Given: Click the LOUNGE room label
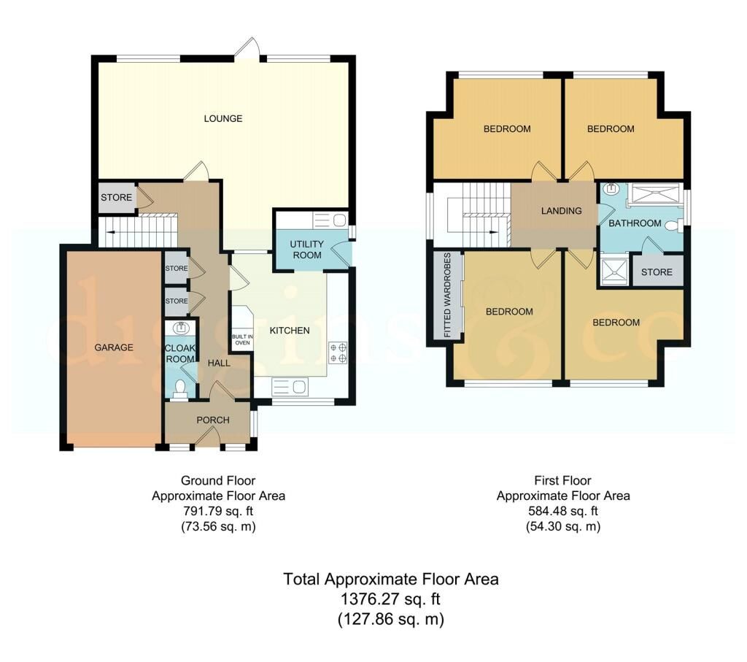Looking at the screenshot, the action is [x=223, y=118].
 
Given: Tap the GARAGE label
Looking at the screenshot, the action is [x=113, y=347].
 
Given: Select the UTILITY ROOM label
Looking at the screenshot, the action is [x=307, y=250].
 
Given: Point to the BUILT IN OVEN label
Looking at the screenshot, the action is [x=242, y=339].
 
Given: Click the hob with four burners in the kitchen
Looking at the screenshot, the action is [x=338, y=353].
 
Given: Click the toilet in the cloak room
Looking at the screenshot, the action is [x=180, y=388].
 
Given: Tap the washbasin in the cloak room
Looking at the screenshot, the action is [x=181, y=328].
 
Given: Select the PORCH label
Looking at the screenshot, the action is [x=213, y=420].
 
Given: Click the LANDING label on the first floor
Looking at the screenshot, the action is [x=561, y=211].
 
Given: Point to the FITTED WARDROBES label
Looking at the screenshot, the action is [x=447, y=295].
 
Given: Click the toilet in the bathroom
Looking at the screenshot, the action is [x=673, y=226].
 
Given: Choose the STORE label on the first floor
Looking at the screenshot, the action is [x=657, y=272].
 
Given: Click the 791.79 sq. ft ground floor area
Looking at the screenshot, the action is [x=217, y=511].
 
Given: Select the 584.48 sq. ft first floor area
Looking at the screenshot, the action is [x=562, y=511].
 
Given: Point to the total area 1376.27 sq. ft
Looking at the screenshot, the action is [x=390, y=599].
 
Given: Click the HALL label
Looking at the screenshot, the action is [x=219, y=363].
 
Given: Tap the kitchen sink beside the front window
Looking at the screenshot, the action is [x=289, y=386].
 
